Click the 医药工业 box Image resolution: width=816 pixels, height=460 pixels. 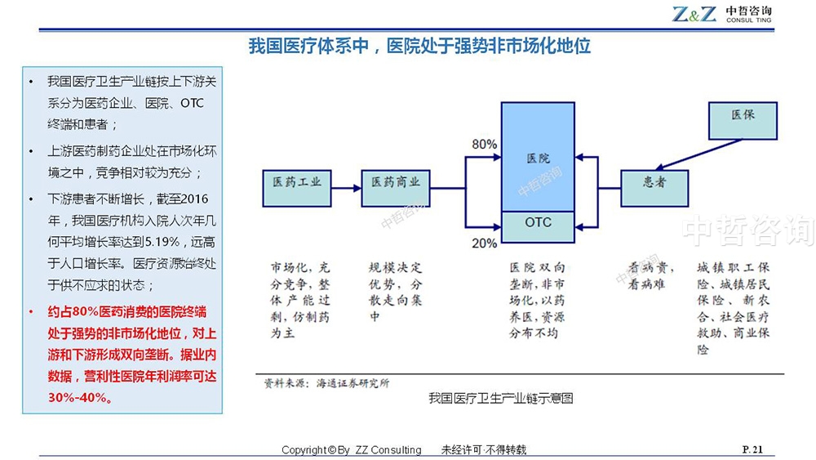[x=297, y=188]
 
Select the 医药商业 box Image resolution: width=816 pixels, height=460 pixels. [x=396, y=188]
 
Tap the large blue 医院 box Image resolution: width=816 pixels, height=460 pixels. [x=538, y=157]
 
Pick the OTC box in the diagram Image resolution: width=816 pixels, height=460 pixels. [x=538, y=226]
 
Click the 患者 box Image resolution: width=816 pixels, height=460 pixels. [x=654, y=188]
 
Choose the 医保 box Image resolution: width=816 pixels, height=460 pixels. [x=743, y=121]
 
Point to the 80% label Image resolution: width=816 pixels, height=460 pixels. [x=484, y=145]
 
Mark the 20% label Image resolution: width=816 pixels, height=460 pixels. [x=484, y=243]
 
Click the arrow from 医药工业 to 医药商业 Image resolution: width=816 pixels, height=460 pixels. [x=346, y=188]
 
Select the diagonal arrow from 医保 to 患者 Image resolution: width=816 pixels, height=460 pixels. [x=698, y=154]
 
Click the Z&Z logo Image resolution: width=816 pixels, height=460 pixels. [x=694, y=14]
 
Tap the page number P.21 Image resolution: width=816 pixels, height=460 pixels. [x=752, y=449]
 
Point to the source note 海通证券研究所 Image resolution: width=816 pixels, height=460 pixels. [x=353, y=383]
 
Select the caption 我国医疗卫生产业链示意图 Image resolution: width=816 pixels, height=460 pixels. [x=501, y=399]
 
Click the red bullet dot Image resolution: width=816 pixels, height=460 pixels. [x=31, y=312]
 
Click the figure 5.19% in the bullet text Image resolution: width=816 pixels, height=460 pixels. [x=162, y=242]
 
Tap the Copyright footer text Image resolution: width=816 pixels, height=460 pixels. [x=351, y=449]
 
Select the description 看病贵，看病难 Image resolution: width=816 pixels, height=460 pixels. [x=650, y=275]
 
